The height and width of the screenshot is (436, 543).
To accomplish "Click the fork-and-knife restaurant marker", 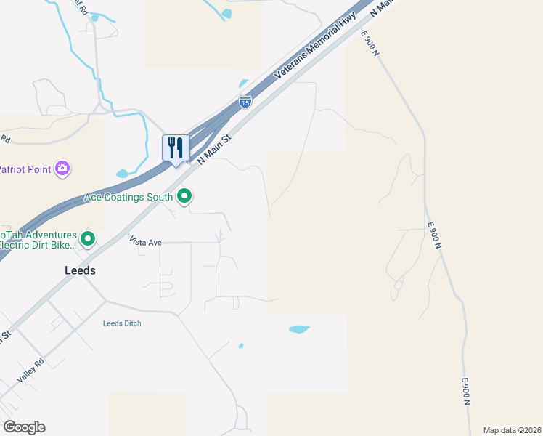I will pyautogui.click(x=175, y=148).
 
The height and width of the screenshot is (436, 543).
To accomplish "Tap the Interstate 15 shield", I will pyautogui.click(x=245, y=102).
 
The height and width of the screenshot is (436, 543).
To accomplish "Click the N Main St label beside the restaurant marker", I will pyautogui.click(x=215, y=148).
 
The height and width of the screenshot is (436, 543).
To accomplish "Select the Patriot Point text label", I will pyautogui.click(x=25, y=169).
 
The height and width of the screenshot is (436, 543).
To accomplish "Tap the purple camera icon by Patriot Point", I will pyautogui.click(x=63, y=169).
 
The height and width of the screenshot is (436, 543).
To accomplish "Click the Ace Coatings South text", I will pyautogui.click(x=128, y=197).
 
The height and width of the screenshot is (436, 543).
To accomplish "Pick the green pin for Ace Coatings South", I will pyautogui.click(x=185, y=195).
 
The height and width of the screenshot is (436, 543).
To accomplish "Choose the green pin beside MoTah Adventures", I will pyautogui.click(x=88, y=238).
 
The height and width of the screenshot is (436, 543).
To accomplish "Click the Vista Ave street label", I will pyautogui.click(x=144, y=241).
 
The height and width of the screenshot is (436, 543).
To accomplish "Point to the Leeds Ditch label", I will pyautogui.click(x=122, y=323).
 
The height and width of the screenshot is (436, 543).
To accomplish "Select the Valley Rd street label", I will pyautogui.click(x=31, y=371).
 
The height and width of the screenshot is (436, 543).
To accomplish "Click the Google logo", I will pyautogui.click(x=24, y=427).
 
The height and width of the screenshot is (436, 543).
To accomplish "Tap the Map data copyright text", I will pyautogui.click(x=512, y=430).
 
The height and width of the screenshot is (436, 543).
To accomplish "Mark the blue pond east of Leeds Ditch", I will pyautogui.click(x=299, y=329).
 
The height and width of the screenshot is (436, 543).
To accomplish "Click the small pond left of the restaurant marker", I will pyautogui.click(x=123, y=174).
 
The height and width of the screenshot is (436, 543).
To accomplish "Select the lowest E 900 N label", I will pyautogui.click(x=466, y=392).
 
